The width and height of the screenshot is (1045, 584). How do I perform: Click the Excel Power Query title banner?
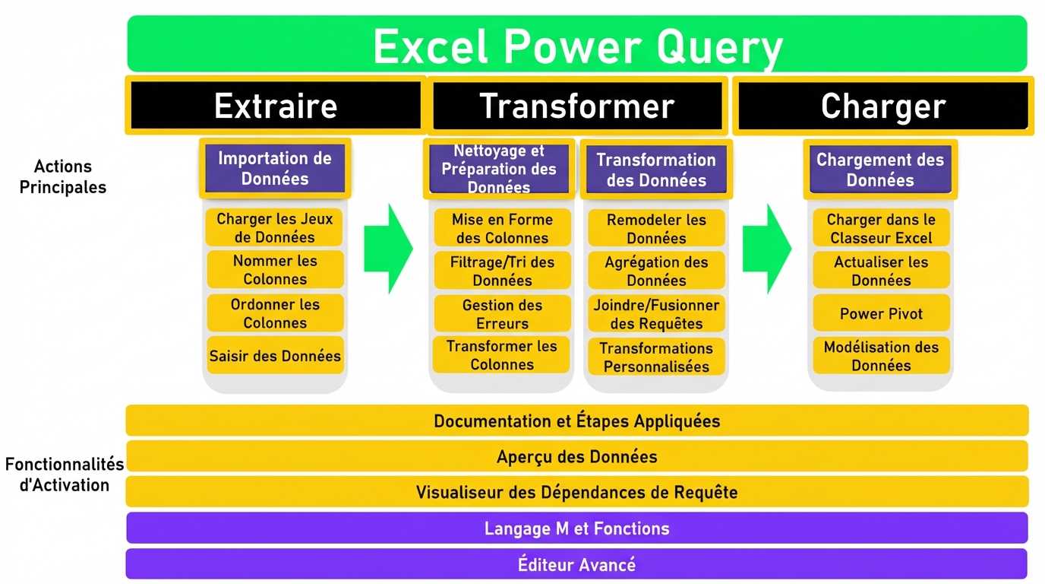(577, 44)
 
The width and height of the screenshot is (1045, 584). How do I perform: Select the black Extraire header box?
(276, 105)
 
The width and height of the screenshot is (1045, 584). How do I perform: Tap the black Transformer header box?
(577, 106)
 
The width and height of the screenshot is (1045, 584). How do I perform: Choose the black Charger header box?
(883, 106)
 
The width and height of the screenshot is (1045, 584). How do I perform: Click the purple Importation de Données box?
(275, 168)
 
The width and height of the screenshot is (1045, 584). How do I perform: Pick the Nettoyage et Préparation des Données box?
(499, 169)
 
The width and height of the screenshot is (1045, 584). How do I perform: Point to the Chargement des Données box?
(880, 170)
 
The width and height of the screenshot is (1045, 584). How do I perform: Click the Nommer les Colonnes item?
(275, 270)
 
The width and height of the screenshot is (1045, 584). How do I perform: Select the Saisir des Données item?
(275, 356)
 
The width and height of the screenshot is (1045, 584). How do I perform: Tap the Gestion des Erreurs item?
(503, 314)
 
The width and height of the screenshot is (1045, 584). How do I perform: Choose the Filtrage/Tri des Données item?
(503, 271)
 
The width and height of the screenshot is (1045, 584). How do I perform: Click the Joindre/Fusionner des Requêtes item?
(656, 314)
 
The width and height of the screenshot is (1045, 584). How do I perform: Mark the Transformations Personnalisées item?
(656, 357)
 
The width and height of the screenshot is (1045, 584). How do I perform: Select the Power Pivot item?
(881, 313)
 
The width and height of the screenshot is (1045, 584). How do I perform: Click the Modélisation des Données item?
(881, 356)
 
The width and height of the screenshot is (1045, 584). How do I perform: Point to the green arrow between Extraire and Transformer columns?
(389, 249)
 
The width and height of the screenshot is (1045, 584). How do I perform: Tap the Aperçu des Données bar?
(577, 456)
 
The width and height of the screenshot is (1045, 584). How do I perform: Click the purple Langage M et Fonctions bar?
(577, 528)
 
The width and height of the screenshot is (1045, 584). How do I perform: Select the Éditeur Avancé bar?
(576, 564)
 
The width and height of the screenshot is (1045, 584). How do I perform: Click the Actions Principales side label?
(63, 176)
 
